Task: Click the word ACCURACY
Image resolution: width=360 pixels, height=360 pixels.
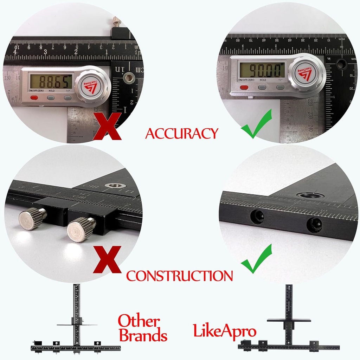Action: [x=182, y=134]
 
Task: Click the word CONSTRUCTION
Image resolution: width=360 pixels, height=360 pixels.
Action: [x=179, y=276]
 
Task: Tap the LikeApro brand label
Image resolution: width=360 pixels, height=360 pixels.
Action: [x=225, y=331]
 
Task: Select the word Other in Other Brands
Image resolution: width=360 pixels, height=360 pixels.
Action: [x=139, y=321]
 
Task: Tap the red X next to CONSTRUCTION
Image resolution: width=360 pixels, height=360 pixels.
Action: [x=107, y=260]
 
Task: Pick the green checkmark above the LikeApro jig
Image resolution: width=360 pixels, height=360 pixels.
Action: [x=257, y=259]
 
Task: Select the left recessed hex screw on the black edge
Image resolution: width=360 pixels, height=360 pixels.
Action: [x=257, y=217]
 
